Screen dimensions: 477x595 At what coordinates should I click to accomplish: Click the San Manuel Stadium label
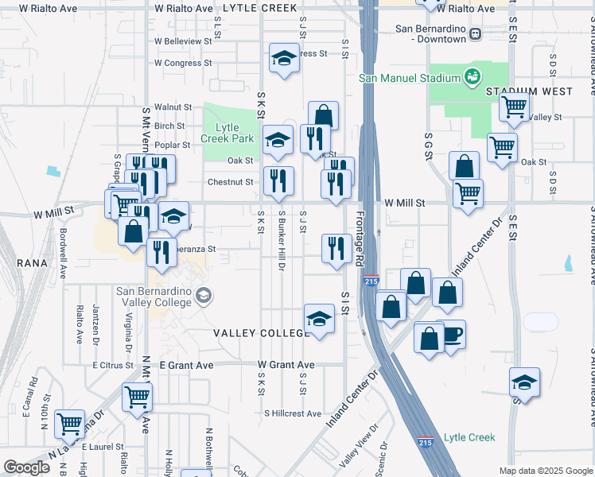coord(410,78)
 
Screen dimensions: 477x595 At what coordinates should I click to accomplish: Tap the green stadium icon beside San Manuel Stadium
coord(472,77)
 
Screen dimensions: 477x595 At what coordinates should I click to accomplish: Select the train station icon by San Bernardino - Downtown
coord(476,33)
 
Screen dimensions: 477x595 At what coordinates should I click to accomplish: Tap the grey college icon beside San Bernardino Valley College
coord(204,297)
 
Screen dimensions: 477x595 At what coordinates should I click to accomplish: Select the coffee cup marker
coord(451,335)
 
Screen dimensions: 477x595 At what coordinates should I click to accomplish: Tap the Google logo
coord(26,467)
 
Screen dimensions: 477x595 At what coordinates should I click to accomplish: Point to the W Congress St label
coord(183,62)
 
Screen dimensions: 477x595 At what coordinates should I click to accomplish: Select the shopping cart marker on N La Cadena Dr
coord(70,424)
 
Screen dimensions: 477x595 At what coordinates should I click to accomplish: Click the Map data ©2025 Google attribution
coord(545,471)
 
